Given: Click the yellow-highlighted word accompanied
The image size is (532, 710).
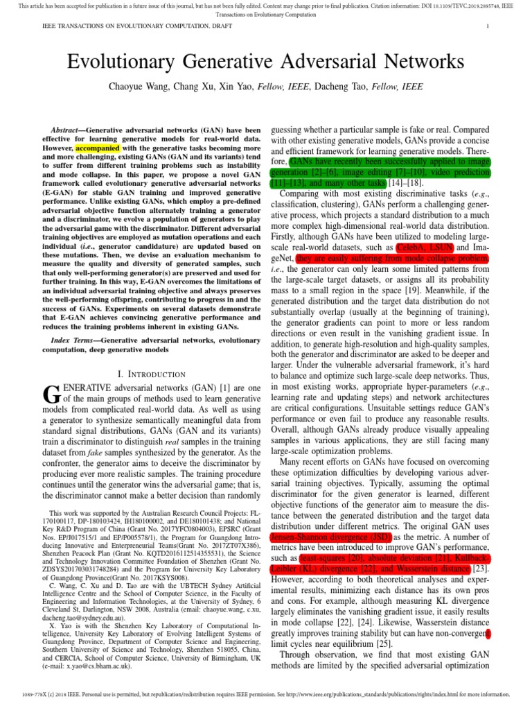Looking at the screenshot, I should click(x=98, y=148).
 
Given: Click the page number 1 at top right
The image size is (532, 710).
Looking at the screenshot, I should click(x=488, y=26).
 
